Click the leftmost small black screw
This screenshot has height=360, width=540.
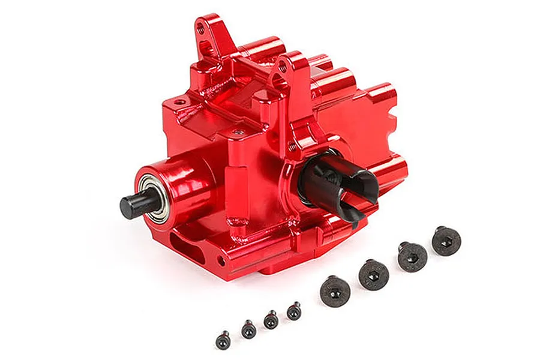(x=223, y=339)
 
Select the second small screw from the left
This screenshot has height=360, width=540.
(x=248, y=328)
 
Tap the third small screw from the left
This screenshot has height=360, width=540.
(x=271, y=319)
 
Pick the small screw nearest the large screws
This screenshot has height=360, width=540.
(x=293, y=310)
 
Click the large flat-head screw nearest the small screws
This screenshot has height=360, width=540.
(x=335, y=292)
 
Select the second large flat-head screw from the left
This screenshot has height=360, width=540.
(x=373, y=275)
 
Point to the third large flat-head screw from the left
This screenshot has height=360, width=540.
(x=412, y=256)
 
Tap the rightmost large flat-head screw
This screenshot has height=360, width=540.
(x=446, y=241)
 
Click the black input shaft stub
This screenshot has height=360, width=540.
(x=130, y=206)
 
